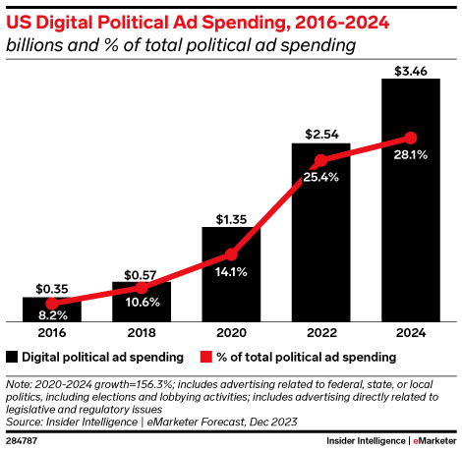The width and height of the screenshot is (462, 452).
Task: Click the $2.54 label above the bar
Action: pyautogui.click(x=320, y=133)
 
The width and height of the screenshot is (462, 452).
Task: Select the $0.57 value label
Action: pyautogui.click(x=141, y=272)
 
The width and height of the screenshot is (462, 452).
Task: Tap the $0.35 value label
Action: pyautogui.click(x=51, y=288)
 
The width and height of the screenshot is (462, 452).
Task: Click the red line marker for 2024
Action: pyautogui.click(x=410, y=138)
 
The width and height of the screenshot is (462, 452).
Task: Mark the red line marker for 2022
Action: pyautogui.click(x=320, y=162)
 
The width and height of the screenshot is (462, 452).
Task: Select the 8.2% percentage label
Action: pyautogui.click(x=51, y=315)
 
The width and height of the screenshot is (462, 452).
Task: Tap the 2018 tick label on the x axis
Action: pyautogui.click(x=141, y=334)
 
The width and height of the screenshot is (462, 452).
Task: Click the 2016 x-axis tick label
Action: pyautogui.click(x=51, y=334)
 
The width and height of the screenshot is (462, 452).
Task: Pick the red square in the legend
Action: pyautogui.click(x=207, y=356)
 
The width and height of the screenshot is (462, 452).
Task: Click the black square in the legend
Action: pyautogui.click(x=12, y=356)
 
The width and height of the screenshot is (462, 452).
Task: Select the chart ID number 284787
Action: pyautogui.click(x=22, y=439)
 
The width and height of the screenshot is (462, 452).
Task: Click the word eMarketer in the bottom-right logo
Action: pyautogui.click(x=431, y=439)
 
